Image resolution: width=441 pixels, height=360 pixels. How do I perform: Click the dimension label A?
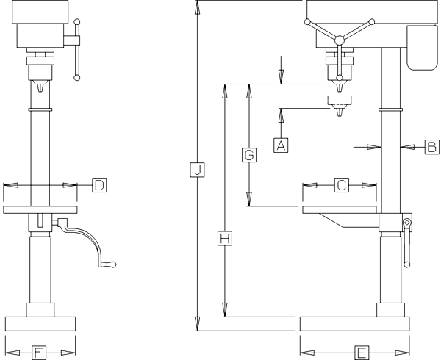280,145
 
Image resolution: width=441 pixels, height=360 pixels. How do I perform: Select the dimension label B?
431,147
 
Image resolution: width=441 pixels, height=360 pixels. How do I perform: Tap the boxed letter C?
341,185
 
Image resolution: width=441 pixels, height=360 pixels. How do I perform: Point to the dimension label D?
98,184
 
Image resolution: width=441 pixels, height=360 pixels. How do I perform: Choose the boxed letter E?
361,353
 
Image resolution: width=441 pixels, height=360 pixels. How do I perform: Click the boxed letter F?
40,353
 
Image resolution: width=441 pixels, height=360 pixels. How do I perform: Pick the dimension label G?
249,155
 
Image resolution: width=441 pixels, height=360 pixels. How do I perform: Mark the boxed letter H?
226,237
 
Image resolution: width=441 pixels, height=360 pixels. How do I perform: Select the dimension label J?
197,170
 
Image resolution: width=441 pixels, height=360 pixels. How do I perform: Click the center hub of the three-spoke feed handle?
339,40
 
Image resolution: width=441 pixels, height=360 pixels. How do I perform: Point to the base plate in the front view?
40,324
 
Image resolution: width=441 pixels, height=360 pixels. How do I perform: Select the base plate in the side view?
354,324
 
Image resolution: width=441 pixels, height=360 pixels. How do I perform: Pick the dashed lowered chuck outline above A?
338,110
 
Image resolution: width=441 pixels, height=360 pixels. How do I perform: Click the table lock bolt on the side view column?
406,223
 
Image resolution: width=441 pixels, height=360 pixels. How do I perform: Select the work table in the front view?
40,210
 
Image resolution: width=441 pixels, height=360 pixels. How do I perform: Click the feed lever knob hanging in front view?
76,75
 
